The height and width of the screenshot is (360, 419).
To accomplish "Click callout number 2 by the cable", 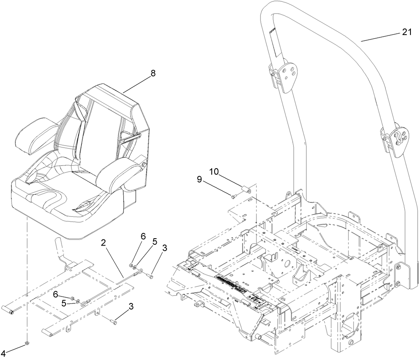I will coord(103,243).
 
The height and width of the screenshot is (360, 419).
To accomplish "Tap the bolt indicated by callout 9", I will coord(234,197).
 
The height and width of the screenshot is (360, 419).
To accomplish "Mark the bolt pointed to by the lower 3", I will coord(114,322).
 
